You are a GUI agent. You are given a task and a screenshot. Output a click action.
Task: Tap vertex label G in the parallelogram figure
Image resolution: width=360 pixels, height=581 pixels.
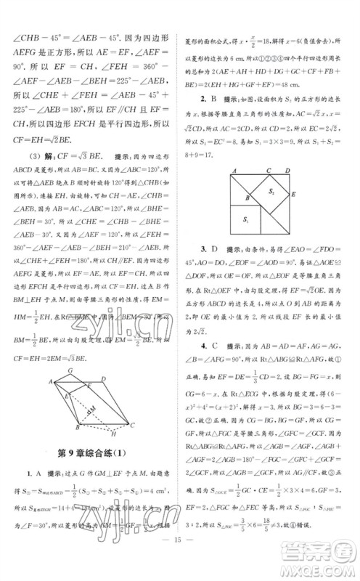(x=67, y=369)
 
